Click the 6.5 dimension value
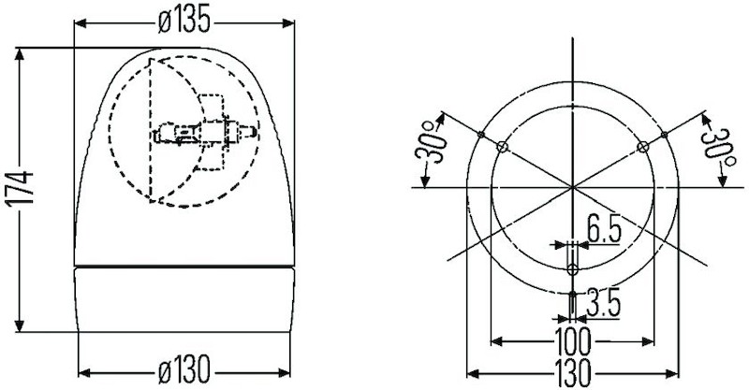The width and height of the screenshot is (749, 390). (x=605, y=229)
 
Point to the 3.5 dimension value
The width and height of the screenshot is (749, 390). (x=603, y=303)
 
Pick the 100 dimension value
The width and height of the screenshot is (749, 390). (x=572, y=338)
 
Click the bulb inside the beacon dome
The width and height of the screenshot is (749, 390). (x=201, y=133)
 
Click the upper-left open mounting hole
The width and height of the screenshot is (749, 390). (x=503, y=146)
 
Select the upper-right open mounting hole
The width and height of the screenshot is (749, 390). (x=642, y=146)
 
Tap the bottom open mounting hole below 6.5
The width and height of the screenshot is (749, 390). (x=573, y=269)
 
